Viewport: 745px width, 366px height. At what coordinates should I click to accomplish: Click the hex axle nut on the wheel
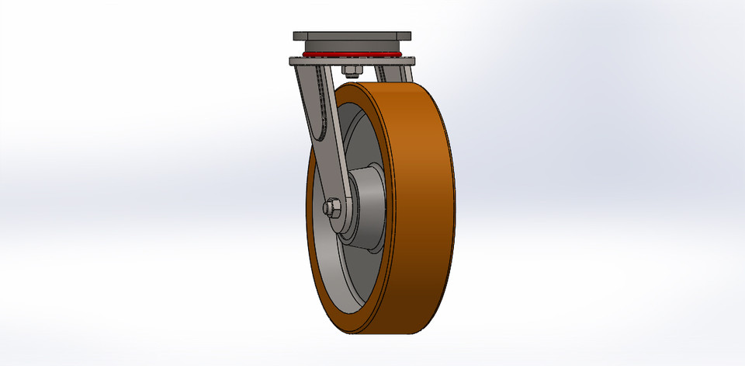(330, 208)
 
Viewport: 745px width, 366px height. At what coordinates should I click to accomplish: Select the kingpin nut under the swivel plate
(349, 72)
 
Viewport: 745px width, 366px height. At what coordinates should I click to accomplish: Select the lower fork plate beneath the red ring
(352, 61)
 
